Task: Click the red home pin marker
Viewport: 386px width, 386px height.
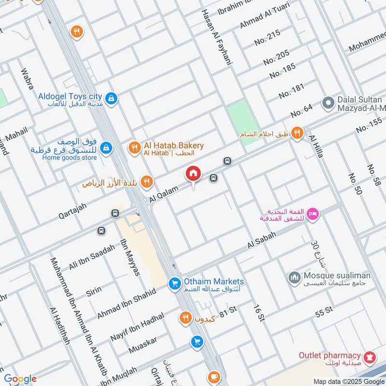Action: tap(193, 173)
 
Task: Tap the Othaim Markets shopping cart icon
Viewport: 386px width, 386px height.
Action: tap(174, 285)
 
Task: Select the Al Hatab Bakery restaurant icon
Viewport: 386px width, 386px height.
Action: tap(135, 148)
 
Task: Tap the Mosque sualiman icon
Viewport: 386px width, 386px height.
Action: tap(294, 277)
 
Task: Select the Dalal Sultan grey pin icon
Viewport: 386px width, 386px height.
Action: tap(328, 103)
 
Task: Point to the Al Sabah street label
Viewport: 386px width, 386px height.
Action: tap(262, 240)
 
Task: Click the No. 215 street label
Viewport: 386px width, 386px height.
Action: tap(267, 38)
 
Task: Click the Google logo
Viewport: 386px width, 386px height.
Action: tap(20, 379)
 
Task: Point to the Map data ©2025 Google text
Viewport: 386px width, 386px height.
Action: tap(348, 381)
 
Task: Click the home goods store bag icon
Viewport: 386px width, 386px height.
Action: tap(107, 148)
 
